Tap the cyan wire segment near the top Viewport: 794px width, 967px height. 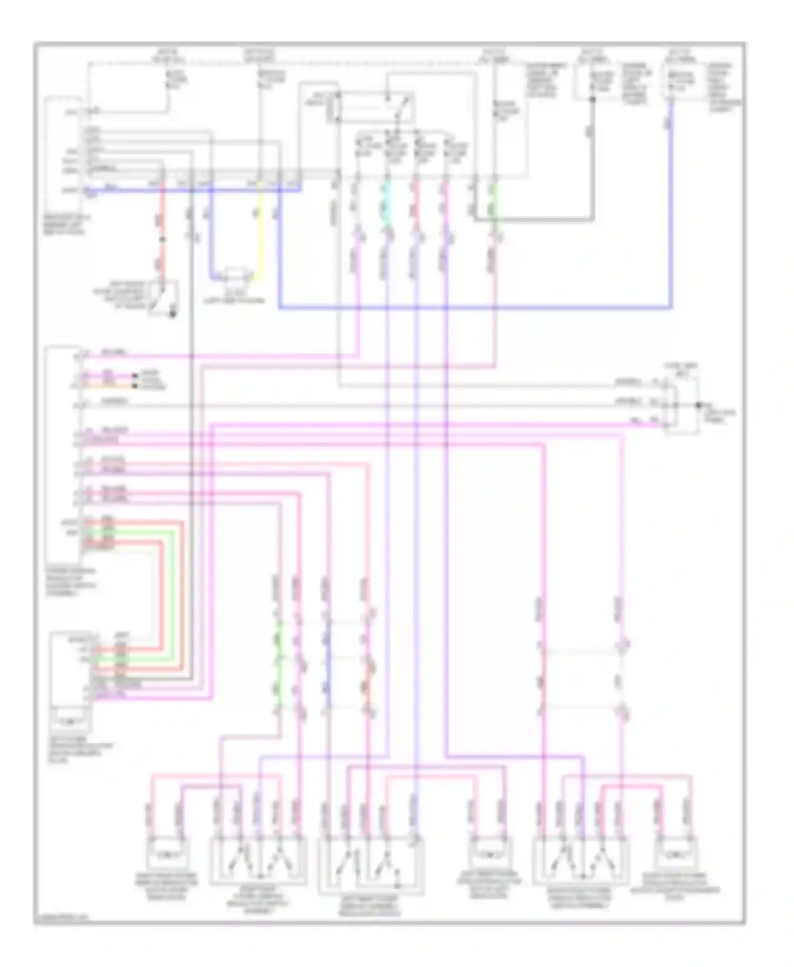pos(387,204)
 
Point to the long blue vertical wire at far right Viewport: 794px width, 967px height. pos(671,212)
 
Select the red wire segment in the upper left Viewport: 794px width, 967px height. pos(163,222)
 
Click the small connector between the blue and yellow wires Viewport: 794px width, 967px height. pos(234,275)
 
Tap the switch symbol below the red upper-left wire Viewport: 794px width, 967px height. pos(162,299)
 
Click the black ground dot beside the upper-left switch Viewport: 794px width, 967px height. pos(172,315)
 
